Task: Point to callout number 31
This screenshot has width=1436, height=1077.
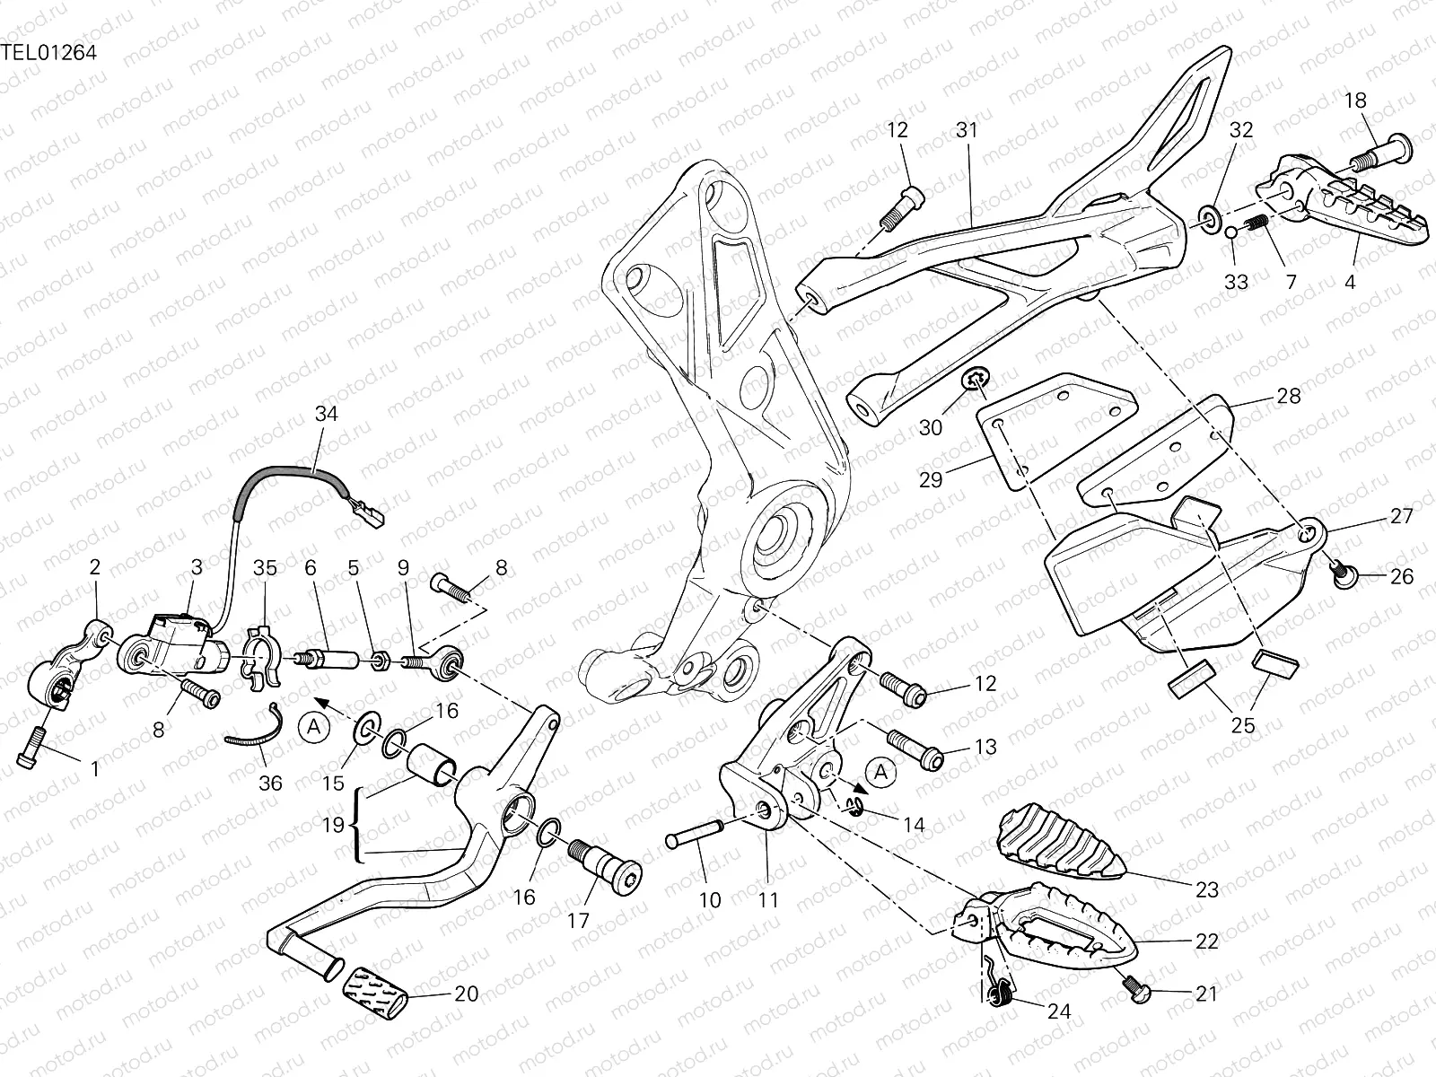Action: [966, 130]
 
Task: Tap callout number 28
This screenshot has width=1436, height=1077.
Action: [1288, 396]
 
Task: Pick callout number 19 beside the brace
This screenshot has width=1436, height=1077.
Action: [334, 825]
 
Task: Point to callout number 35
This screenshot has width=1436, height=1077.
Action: [265, 567]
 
